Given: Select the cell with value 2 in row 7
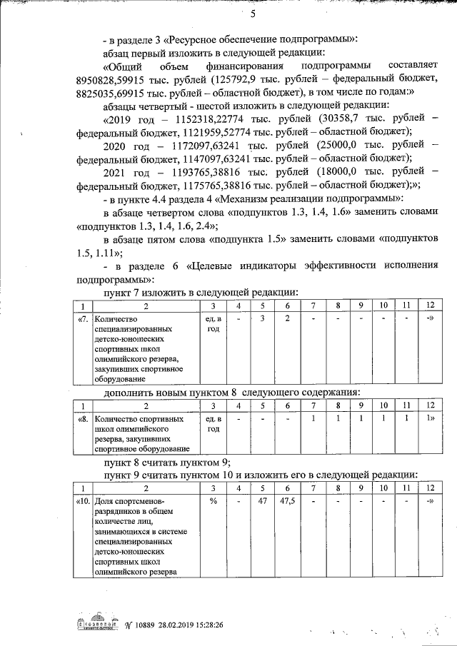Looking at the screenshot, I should click(286, 318).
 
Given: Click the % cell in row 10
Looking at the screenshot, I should click(213, 501).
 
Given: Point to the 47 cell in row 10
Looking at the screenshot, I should click(262, 501).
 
